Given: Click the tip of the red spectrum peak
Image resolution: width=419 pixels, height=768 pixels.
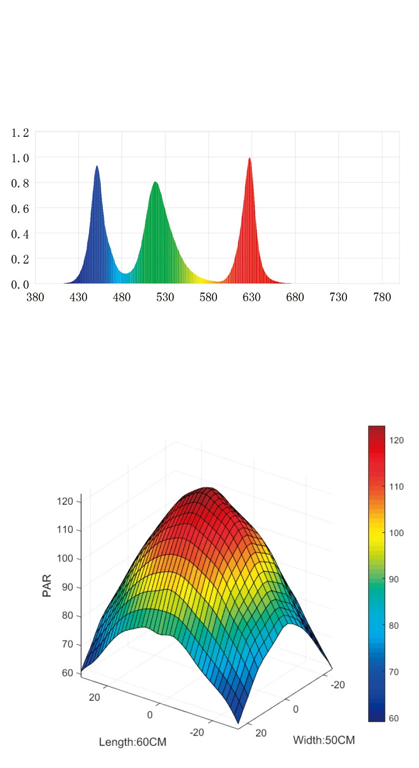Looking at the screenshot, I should click(x=249, y=159).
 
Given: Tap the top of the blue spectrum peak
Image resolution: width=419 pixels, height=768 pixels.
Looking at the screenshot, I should click(x=97, y=167).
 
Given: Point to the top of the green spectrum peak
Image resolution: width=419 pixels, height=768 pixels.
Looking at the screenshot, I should click(x=155, y=183).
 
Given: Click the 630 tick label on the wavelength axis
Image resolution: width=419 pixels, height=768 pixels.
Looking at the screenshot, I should click(x=252, y=298).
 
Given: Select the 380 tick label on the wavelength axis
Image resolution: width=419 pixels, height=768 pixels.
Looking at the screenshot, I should click(x=35, y=298).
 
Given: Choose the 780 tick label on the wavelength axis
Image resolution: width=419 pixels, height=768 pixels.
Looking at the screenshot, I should click(x=382, y=298).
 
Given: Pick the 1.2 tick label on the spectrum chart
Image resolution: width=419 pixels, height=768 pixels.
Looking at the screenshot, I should click(x=20, y=133).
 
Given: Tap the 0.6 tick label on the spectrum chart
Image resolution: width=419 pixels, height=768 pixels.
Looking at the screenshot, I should click(x=20, y=208).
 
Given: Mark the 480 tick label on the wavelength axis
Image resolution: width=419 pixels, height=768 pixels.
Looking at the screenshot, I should click(x=122, y=298).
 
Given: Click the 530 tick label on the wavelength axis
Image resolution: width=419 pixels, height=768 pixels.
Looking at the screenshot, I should click(x=165, y=298).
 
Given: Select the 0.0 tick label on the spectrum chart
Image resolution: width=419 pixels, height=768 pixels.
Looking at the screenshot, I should click(x=20, y=285).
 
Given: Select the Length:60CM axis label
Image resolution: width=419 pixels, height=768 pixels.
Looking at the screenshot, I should click(x=133, y=742).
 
